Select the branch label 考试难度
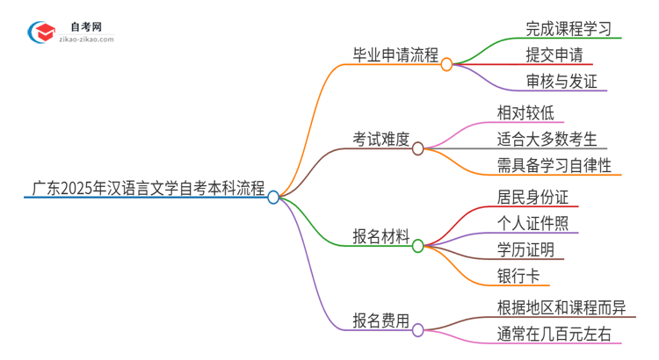381,138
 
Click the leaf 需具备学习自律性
554,165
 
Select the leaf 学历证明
525,249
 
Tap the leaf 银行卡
518,277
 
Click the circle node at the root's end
273,198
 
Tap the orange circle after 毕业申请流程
446,64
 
